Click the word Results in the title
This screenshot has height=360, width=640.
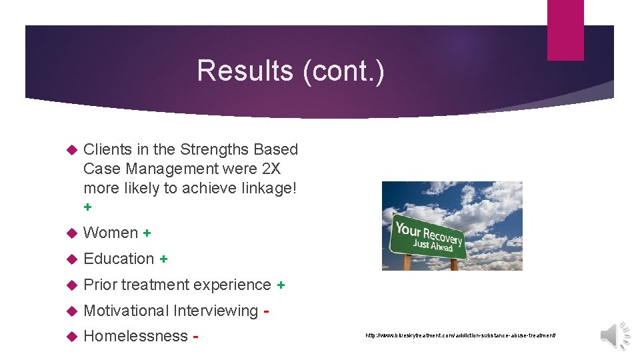click(x=245, y=71)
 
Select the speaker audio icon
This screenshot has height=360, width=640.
click(x=616, y=334)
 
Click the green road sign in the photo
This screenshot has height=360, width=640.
click(x=429, y=237)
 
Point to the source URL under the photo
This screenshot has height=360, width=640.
click(x=460, y=335)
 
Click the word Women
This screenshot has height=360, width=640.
click(x=111, y=233)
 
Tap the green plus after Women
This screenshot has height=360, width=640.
click(x=147, y=233)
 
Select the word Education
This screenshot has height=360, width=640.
click(x=119, y=259)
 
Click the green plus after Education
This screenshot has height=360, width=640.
click(x=163, y=259)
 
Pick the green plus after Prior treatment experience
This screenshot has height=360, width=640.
click(x=281, y=285)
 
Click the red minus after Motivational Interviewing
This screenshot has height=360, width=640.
click(x=267, y=311)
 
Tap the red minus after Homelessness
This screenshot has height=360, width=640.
click(x=196, y=337)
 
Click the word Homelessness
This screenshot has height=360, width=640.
click(x=135, y=336)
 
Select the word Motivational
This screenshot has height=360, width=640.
click(x=126, y=311)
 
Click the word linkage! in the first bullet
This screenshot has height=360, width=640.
click(x=267, y=188)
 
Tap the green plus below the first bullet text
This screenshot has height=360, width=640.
click(x=87, y=207)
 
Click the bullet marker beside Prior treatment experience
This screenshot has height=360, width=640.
click(x=73, y=285)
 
